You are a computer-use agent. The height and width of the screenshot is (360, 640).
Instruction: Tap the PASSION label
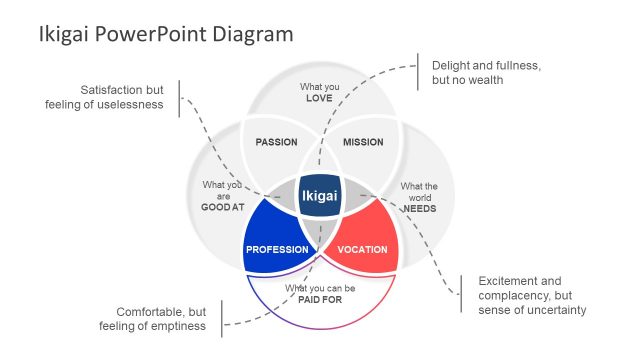pos(276,142)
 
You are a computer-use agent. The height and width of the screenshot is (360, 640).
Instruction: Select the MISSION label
pos(363,142)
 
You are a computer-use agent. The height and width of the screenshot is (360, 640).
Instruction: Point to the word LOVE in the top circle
pos(320,99)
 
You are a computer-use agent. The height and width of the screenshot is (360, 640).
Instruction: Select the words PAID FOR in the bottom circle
pos(320,300)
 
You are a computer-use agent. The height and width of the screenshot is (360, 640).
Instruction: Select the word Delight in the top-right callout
pos(453,65)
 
